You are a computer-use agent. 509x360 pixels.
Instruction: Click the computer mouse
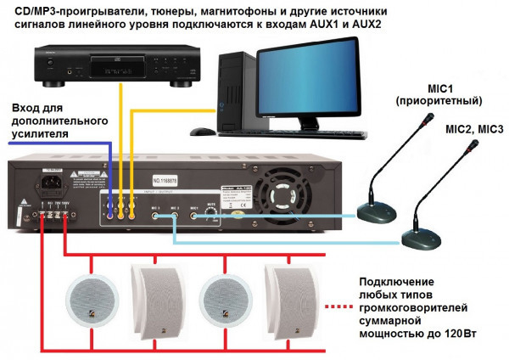(201, 132)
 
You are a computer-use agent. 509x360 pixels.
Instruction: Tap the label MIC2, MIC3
(474, 128)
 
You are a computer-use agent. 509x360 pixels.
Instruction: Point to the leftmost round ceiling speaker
(89, 302)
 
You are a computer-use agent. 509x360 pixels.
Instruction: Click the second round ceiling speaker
(221, 302)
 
